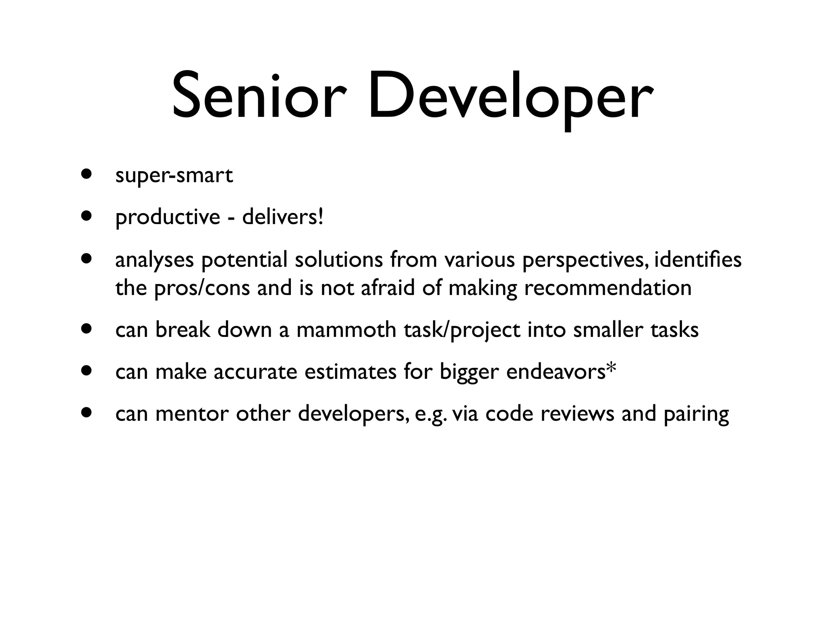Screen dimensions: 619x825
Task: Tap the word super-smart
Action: [x=174, y=176]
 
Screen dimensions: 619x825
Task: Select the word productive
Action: [x=168, y=218]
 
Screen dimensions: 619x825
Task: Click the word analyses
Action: [x=155, y=260]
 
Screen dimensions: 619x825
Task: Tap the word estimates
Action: [x=350, y=372]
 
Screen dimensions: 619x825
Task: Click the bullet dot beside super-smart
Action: [x=85, y=175]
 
